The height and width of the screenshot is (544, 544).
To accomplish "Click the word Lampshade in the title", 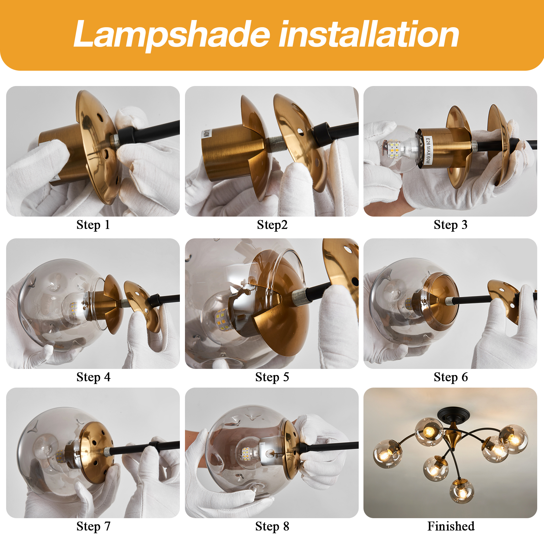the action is pyautogui.click(x=172, y=35).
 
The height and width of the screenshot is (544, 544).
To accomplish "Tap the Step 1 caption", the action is pyautogui.click(x=93, y=225).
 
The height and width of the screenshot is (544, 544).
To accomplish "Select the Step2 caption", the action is pyautogui.click(x=272, y=225).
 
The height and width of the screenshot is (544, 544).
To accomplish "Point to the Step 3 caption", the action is pyautogui.click(x=451, y=225).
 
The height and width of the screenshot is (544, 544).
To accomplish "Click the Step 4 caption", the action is pyautogui.click(x=93, y=377).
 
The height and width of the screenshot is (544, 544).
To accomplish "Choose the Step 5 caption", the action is pyautogui.click(x=272, y=377).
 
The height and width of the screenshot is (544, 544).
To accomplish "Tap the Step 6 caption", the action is pyautogui.click(x=451, y=377).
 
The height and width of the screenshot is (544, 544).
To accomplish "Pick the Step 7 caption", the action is pyautogui.click(x=93, y=526).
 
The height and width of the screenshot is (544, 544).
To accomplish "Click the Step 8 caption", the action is pyautogui.click(x=272, y=526).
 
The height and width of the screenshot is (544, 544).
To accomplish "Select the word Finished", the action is pyautogui.click(x=451, y=526).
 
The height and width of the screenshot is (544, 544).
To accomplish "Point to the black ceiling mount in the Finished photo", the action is pyautogui.click(x=454, y=414).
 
